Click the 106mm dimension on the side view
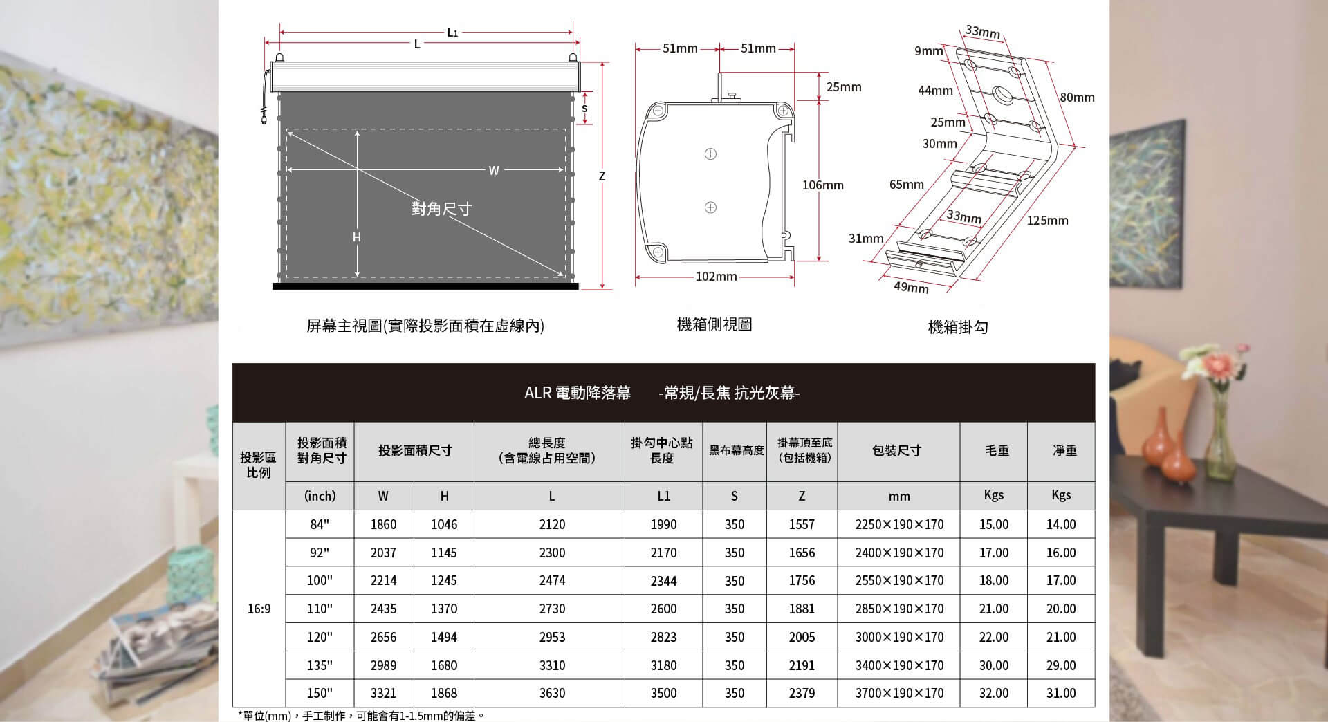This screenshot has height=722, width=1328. (x=823, y=185)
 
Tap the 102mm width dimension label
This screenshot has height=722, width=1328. (x=716, y=277)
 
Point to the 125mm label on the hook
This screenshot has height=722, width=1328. (x=1047, y=221)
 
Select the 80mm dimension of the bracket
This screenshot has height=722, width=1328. (x=1077, y=98)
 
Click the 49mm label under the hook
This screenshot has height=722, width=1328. (x=911, y=287)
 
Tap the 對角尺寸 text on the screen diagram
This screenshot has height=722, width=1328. (x=441, y=209)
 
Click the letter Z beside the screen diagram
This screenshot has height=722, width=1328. (x=602, y=177)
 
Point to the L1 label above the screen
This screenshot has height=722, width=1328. (x=452, y=32)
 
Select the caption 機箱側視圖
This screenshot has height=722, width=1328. (x=714, y=324)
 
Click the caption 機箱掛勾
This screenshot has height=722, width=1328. (x=957, y=327)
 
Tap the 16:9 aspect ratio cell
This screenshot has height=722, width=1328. (x=259, y=609)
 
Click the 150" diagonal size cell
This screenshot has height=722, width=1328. (x=320, y=693)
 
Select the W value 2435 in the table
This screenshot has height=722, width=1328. (x=383, y=609)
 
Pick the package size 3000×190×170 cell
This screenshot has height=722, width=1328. (x=899, y=637)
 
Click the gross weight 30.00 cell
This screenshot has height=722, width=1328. (x=994, y=665)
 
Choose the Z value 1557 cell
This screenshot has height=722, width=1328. (x=802, y=524)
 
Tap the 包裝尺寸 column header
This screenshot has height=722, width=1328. (x=896, y=451)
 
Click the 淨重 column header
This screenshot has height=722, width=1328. (x=1064, y=451)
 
